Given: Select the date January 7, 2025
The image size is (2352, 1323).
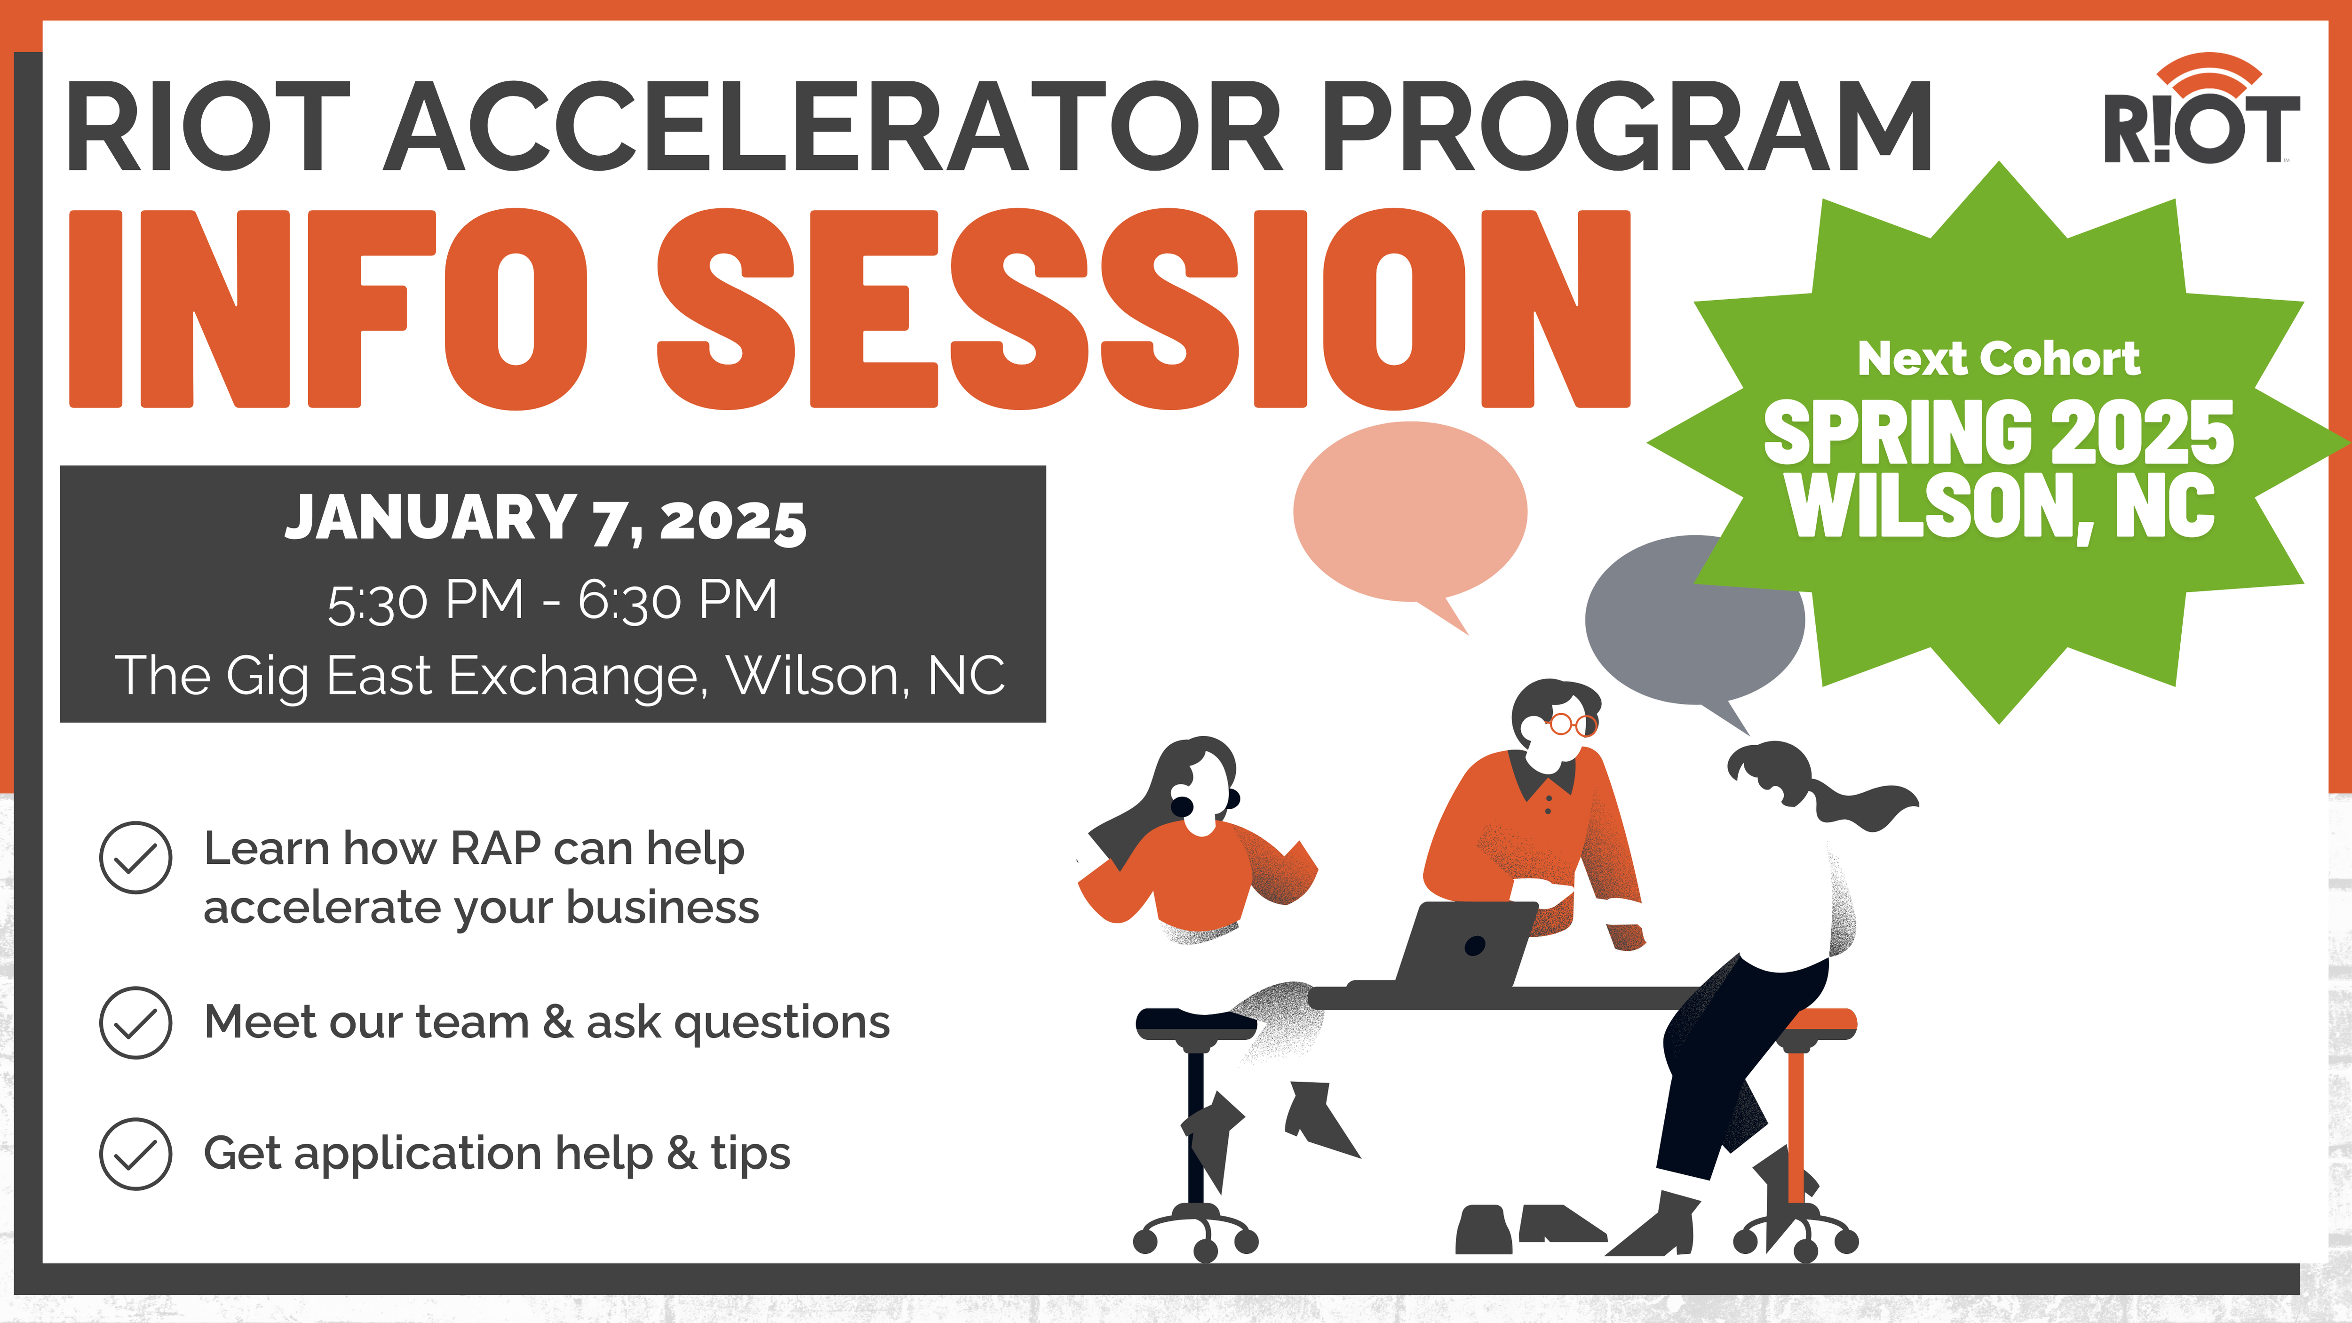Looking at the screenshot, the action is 546,518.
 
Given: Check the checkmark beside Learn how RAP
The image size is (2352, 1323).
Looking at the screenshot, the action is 135,857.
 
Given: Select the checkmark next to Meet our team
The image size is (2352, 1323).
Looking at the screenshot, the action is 135,1023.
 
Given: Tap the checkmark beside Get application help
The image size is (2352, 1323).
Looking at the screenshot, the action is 135,1154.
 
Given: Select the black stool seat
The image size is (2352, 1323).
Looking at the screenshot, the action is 1196,1023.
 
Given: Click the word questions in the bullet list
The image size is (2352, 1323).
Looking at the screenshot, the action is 781,1023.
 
